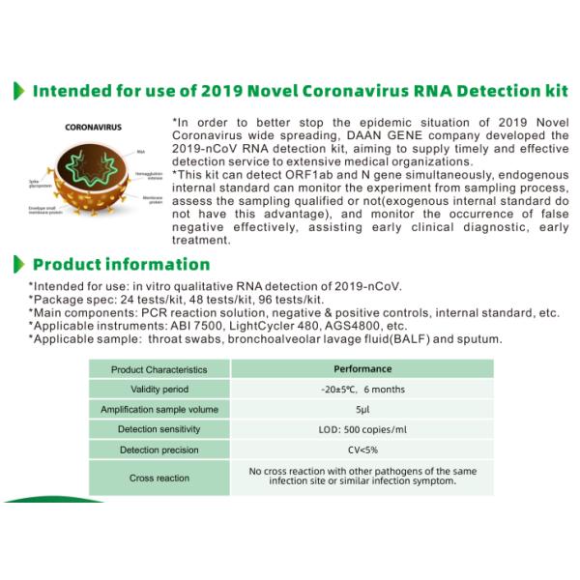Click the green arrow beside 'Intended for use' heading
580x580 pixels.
[x=16, y=92]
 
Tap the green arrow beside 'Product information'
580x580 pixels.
[x=16, y=264]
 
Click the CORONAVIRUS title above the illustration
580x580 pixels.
[x=92, y=127]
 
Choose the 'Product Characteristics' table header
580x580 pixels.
[x=159, y=369]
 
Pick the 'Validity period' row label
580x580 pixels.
[x=159, y=389]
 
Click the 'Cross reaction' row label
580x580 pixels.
[x=159, y=478]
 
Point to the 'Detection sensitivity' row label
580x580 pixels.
[x=159, y=429]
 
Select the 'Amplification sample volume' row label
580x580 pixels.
[x=159, y=409]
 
